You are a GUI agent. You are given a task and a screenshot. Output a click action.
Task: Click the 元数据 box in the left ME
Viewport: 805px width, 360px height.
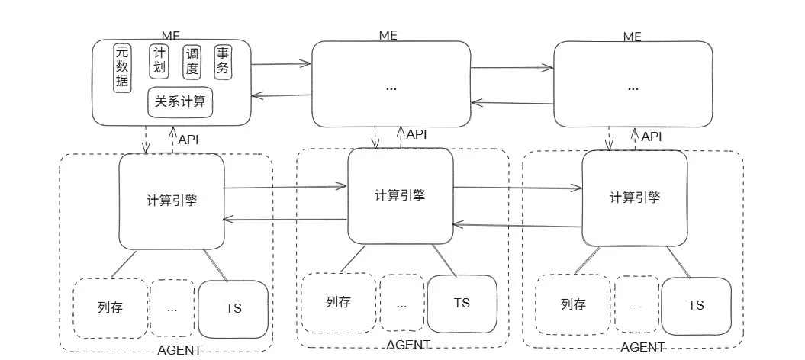tap(121, 67)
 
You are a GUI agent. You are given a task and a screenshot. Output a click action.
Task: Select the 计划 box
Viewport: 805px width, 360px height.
tap(159, 62)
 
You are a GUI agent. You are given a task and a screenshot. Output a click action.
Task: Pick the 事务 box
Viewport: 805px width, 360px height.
tap(223, 62)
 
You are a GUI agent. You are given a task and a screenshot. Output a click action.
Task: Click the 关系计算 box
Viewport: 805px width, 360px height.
tap(180, 101)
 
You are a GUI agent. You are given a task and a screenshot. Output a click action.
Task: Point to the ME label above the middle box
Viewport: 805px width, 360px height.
tap(388, 35)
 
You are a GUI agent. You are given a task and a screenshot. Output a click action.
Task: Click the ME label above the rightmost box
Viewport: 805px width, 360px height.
tap(632, 36)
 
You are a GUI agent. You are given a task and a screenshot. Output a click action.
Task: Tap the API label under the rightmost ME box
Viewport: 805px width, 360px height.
tap(652, 137)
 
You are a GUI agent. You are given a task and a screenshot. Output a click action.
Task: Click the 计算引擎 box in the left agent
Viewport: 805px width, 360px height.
tap(172, 201)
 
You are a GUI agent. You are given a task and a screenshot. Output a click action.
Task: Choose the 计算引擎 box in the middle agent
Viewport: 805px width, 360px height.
tap(401, 195)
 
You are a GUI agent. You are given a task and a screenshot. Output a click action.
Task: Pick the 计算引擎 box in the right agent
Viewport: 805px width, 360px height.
tap(635, 197)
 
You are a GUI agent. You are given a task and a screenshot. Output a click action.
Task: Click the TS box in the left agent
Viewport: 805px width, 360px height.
tap(233, 310)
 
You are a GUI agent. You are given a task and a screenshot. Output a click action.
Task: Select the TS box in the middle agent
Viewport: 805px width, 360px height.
tap(462, 303)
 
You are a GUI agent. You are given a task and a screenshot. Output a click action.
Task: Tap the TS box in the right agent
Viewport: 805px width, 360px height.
tap(696, 305)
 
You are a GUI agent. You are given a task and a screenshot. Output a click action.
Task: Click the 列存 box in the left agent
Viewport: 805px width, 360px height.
tap(110, 308)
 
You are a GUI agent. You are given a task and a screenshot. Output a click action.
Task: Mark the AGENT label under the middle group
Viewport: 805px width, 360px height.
tap(408, 344)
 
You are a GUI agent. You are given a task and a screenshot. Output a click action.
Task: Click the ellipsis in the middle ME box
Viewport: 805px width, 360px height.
tap(391, 88)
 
